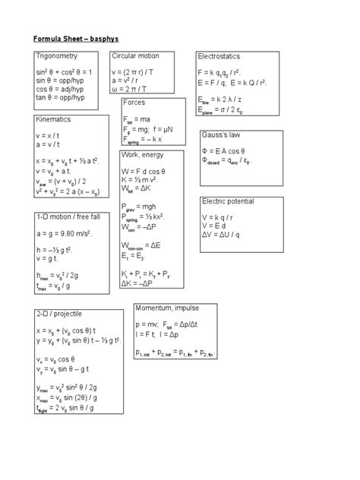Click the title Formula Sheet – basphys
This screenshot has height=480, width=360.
point(76,36)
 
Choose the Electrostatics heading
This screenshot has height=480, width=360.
point(219,58)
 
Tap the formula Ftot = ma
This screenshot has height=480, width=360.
point(141,120)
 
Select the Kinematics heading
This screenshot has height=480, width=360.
point(53,120)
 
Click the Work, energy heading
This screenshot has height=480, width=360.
point(144,155)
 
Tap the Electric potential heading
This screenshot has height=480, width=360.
point(229,201)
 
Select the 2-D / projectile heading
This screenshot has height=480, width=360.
point(58,314)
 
